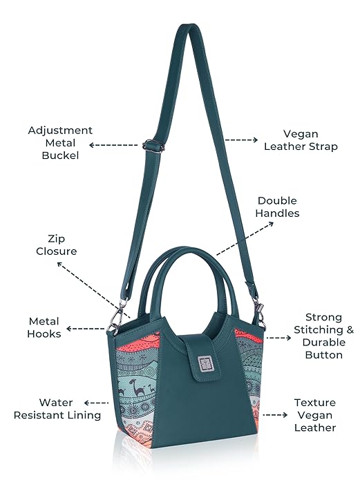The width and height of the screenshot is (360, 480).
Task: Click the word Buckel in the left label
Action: coord(60,155)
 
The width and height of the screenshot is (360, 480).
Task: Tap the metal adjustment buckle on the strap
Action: coord(153,146)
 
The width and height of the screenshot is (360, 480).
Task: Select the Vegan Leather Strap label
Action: coord(301,140)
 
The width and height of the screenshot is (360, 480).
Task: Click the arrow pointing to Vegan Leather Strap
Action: coord(241,140)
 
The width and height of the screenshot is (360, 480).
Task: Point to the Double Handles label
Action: coord(277,207)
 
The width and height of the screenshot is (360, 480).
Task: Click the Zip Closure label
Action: coord(57,245)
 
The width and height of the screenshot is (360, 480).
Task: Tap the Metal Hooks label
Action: coord(44,327)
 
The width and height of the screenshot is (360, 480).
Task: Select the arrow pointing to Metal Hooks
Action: coord(86,329)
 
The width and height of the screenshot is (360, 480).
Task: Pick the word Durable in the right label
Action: coord(324,343)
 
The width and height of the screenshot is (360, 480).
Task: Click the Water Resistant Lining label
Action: coord(57,409)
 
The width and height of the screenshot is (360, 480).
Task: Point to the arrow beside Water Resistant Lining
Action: coord(96,403)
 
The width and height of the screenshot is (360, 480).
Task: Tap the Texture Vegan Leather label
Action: coord(315,415)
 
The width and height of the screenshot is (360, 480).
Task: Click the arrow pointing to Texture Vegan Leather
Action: coord(275,415)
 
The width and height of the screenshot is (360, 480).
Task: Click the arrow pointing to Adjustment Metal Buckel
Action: coord(113,145)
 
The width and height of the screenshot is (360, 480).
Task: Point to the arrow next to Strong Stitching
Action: coord(278,338)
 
